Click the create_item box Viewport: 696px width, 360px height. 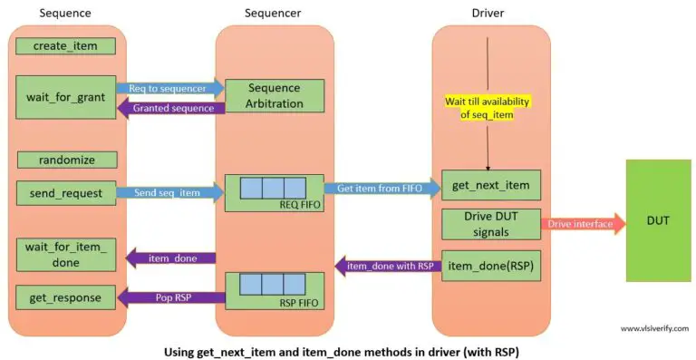[65, 46]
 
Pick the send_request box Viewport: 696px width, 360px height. [65, 193]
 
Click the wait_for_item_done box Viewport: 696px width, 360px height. [65, 254]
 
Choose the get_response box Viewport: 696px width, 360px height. [65, 297]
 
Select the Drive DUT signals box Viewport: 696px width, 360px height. [491, 225]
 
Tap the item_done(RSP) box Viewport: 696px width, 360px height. [491, 266]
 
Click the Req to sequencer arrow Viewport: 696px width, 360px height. [169, 88]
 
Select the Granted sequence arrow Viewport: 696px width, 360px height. [169, 108]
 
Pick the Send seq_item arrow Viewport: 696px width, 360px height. [169, 192]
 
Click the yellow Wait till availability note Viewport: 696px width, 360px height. [491, 106]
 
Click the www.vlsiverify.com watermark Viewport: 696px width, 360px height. [653, 329]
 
